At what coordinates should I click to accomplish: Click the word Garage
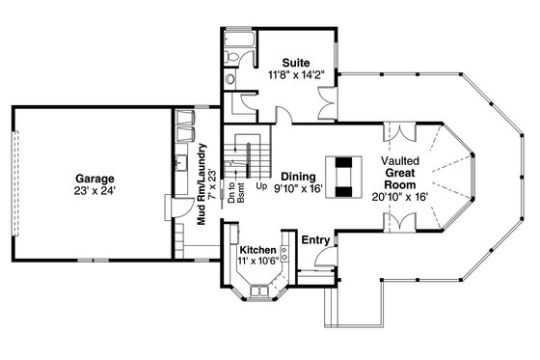click(96, 179)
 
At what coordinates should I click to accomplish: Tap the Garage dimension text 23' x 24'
click(96, 192)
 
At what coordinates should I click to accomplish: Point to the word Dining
click(299, 176)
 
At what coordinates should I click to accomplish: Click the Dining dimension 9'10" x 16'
click(299, 189)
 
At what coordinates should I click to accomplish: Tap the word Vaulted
click(398, 159)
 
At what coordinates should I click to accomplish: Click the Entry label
click(315, 239)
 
